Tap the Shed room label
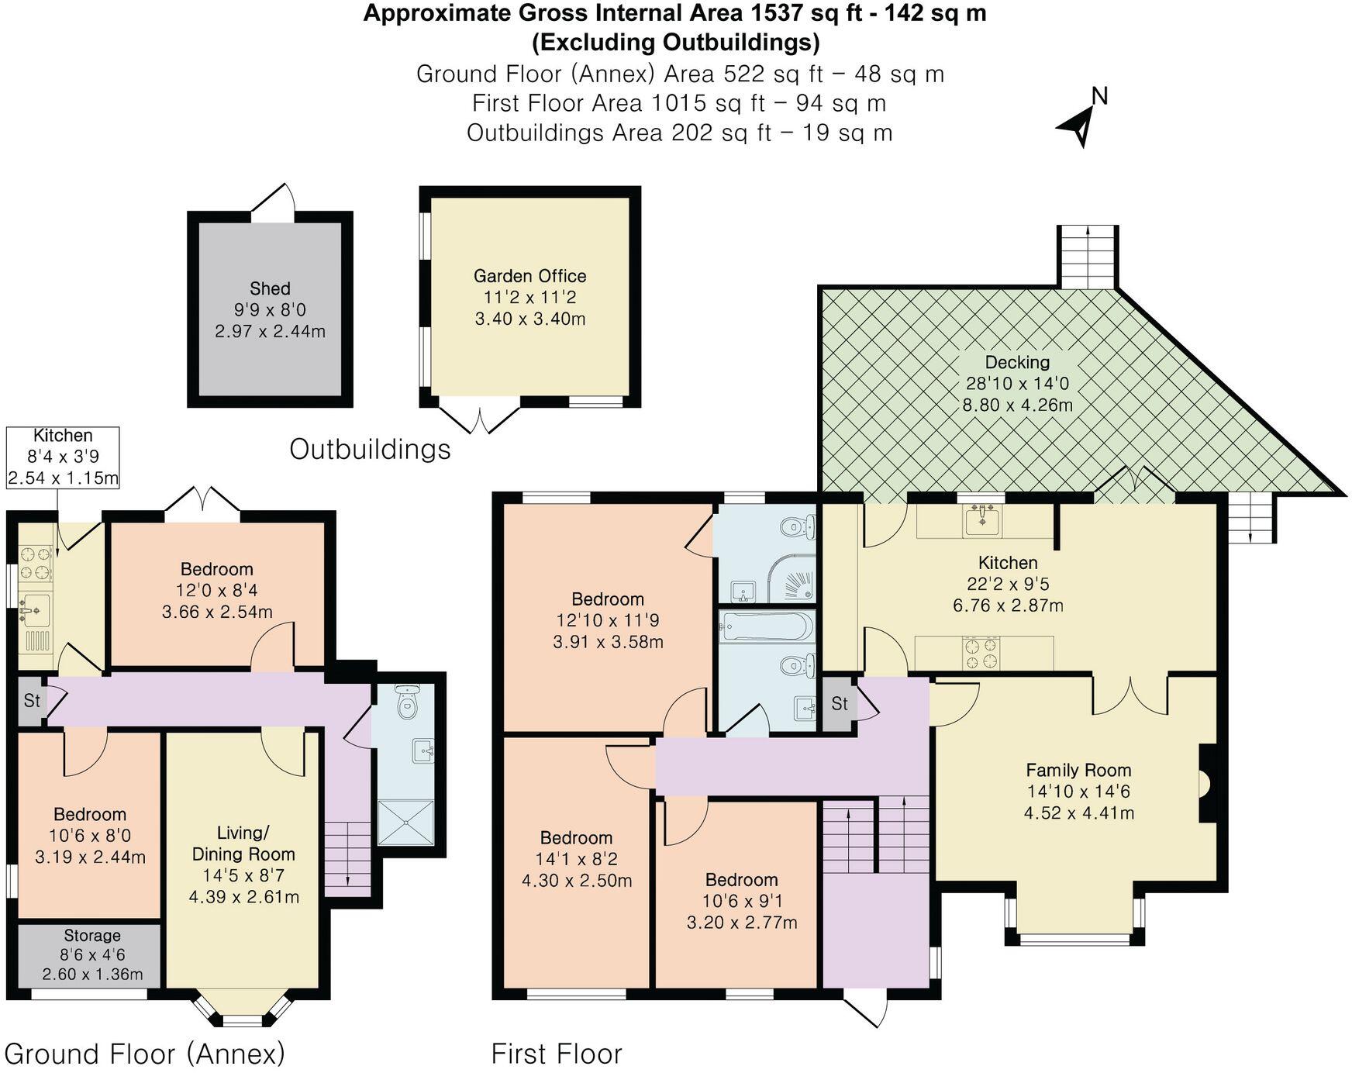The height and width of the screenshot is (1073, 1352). [x=270, y=289]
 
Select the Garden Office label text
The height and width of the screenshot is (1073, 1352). [x=529, y=276]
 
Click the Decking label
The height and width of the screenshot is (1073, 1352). [x=1017, y=362]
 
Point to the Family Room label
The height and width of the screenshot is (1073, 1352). [x=1078, y=770]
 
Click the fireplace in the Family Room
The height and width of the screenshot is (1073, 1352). [x=1206, y=783]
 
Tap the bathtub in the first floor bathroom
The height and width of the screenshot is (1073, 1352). [x=767, y=626]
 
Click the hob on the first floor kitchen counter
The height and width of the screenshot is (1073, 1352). [x=981, y=653]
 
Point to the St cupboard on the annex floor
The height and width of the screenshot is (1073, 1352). [x=32, y=701]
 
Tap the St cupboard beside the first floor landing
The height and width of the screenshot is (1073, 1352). [x=840, y=703]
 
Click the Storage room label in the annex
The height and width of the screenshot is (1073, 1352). [x=92, y=935]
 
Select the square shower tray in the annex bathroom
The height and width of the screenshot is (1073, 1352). [x=406, y=823]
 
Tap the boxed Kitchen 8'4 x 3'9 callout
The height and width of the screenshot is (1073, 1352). [x=63, y=457]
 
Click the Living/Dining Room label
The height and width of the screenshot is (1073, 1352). [x=243, y=844]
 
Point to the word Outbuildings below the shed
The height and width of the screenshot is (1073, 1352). [x=370, y=449]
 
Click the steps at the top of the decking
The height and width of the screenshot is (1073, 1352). [x=1088, y=257]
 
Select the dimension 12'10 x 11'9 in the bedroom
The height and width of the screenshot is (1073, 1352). [x=607, y=620]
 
